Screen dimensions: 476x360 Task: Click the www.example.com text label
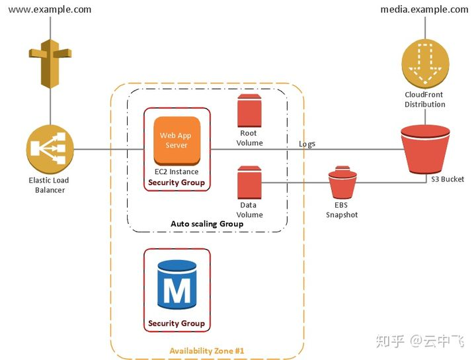point(50,9)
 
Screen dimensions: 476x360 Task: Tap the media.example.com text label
point(424,9)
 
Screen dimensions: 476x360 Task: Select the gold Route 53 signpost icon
point(50,64)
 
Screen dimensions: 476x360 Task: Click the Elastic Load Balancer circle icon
point(50,149)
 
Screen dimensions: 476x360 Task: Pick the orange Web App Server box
point(177,141)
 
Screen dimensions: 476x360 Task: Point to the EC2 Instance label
point(177,171)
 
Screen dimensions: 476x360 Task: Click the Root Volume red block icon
point(249,111)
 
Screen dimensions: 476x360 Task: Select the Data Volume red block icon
point(249,182)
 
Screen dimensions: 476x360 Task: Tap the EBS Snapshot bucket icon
point(342,182)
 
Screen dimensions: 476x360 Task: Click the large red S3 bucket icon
point(425,150)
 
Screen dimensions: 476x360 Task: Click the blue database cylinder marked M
point(177,285)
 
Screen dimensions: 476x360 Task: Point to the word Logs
point(307,144)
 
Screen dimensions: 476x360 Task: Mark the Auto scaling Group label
point(207,224)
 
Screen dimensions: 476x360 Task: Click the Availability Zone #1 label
point(206,351)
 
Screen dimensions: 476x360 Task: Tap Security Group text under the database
point(177,323)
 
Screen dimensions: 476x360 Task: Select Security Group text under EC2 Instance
point(177,183)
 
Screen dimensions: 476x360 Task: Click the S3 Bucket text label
point(448,179)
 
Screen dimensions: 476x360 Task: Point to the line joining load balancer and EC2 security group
point(108,149)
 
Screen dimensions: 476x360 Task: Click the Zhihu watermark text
point(420,341)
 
